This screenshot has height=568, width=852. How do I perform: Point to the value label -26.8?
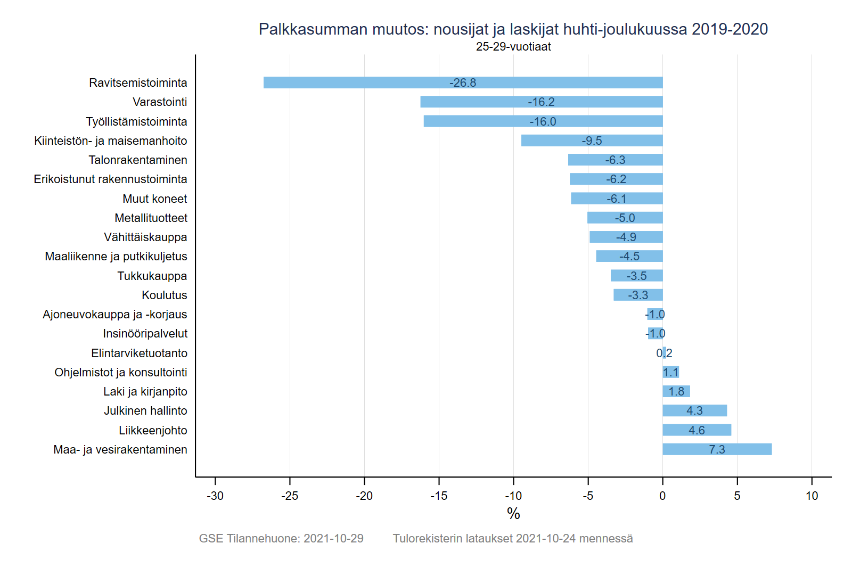point(463,83)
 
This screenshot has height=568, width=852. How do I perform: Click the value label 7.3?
point(717,449)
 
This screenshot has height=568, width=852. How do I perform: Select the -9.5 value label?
point(592,141)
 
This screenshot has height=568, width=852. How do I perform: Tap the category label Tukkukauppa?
point(152,276)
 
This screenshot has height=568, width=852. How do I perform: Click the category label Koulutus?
point(165,295)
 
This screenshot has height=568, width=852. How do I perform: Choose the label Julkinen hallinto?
point(145,410)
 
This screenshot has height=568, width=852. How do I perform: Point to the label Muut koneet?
point(155,199)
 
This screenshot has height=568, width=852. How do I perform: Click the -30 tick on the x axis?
point(215,496)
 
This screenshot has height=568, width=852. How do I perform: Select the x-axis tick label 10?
point(812,496)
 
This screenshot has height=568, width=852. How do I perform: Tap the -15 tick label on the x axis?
point(439,496)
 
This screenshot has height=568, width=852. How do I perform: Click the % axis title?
point(513,514)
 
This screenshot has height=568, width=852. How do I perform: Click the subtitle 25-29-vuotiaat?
point(513,47)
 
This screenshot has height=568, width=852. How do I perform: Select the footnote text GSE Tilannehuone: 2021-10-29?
point(281,538)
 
